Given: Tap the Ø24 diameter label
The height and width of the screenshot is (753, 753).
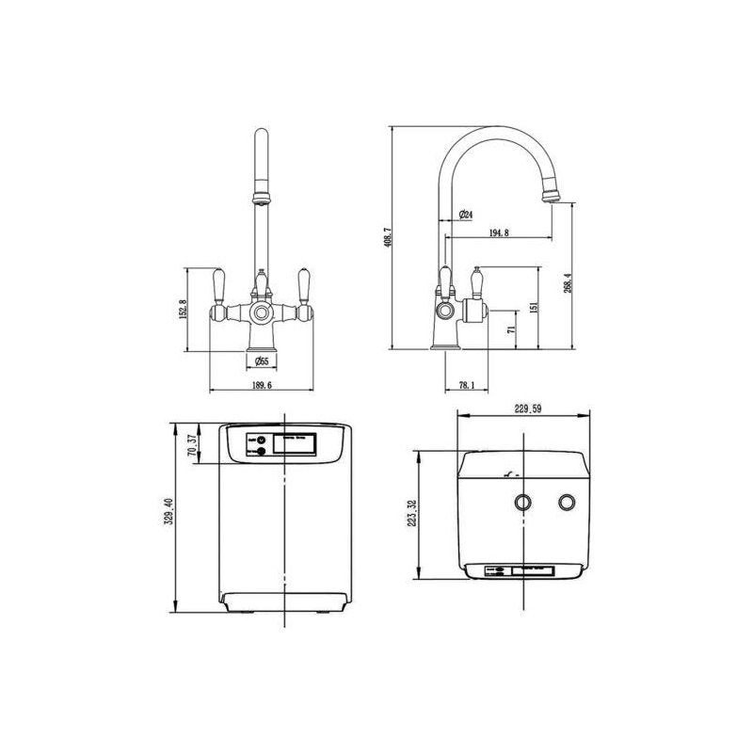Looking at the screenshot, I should [466, 215].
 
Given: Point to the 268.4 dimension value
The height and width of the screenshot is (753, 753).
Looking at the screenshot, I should [567, 282].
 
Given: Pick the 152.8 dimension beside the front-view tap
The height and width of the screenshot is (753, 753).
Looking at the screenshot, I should [184, 308].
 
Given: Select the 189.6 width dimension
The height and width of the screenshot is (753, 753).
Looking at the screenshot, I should [261, 384].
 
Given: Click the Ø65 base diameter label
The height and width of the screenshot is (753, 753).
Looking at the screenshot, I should [261, 360].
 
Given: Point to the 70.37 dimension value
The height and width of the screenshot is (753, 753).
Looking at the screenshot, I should [192, 444].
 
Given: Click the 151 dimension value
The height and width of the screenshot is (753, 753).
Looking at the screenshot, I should [534, 309].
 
